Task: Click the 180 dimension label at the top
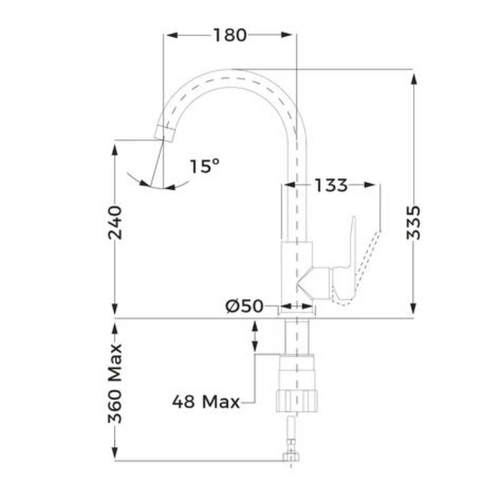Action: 229,36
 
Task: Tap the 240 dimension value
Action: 116,223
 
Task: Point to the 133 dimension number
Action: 331,186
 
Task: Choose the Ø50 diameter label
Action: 245,306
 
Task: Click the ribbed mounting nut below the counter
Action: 297,399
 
